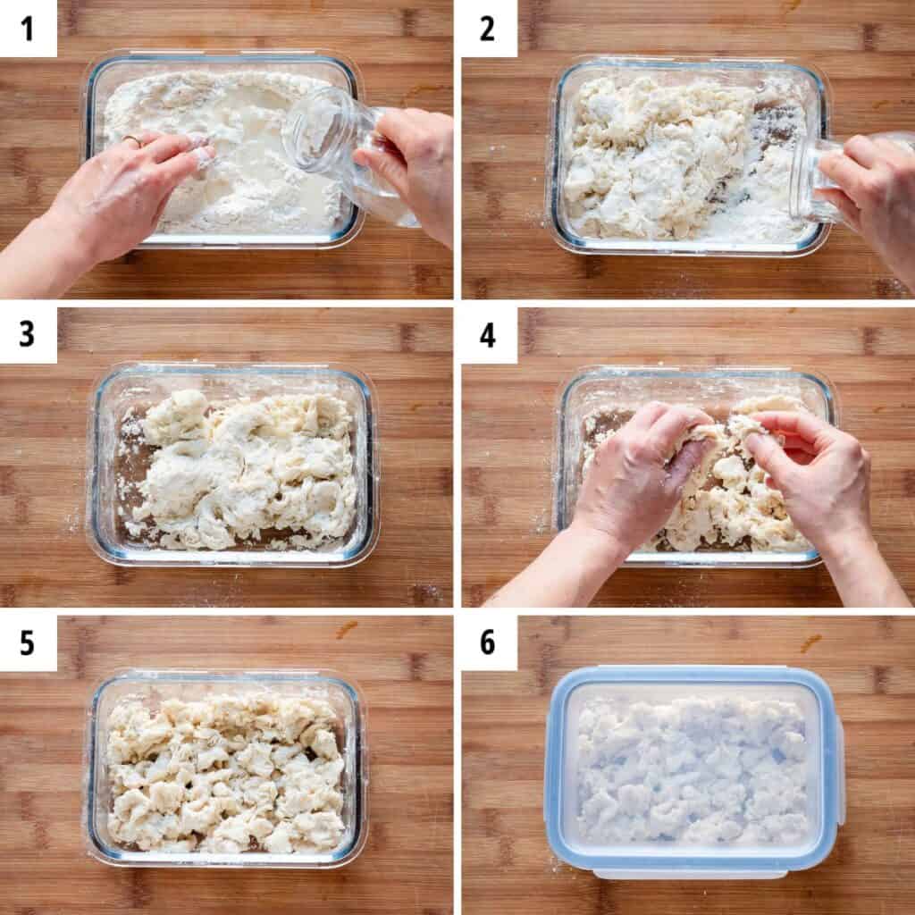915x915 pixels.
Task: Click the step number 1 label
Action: click(x=27, y=29)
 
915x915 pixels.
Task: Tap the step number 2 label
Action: click(x=487, y=29)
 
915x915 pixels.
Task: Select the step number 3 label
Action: click(x=27, y=335)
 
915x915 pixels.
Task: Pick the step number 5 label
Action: click(x=27, y=642)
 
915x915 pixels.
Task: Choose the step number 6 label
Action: click(x=487, y=642)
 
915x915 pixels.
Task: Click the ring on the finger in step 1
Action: click(x=132, y=140)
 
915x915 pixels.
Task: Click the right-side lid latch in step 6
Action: click(x=840, y=770)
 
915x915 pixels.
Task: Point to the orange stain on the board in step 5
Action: click(x=347, y=629)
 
